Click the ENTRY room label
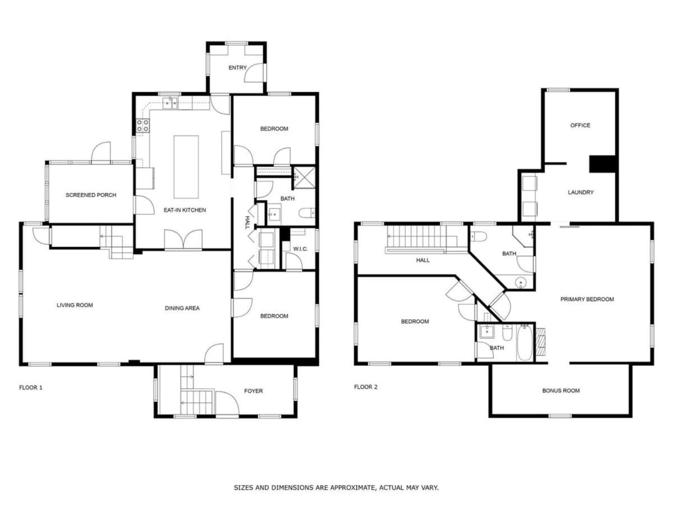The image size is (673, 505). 237,67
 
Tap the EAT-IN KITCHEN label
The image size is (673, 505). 185,210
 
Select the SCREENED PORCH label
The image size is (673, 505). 91,195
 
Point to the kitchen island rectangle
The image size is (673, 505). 186,167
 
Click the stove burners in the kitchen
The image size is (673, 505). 142,126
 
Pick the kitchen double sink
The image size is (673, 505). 170,103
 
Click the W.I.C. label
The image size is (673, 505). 300,249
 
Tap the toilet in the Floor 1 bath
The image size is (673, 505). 307,213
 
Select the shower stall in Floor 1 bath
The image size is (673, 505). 304,177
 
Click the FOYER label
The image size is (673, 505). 253,391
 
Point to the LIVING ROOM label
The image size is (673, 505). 75,305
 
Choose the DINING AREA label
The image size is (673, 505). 182,308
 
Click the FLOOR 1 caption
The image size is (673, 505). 31,388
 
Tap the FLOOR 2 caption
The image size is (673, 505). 366,387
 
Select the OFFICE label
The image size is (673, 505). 580,125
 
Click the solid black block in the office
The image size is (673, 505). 602,164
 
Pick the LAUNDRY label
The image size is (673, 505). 580,192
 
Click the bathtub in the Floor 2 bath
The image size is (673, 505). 524,343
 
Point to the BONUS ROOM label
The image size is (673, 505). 561,391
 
